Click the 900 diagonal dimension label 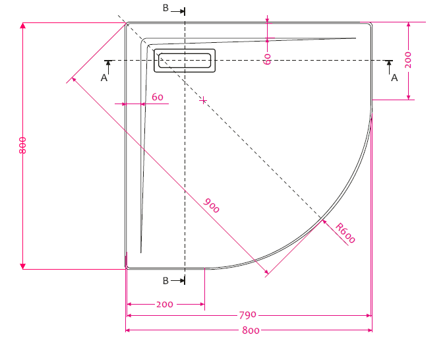click(211, 206)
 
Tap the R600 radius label click(345, 233)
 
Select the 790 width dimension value click(247, 315)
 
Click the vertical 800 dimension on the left click(22, 145)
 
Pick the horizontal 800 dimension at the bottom click(251, 330)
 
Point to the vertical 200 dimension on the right click(408, 60)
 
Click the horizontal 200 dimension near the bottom click(164, 305)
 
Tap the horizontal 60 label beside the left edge click(158, 97)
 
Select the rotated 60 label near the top click(267, 59)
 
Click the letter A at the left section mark click(104, 78)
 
